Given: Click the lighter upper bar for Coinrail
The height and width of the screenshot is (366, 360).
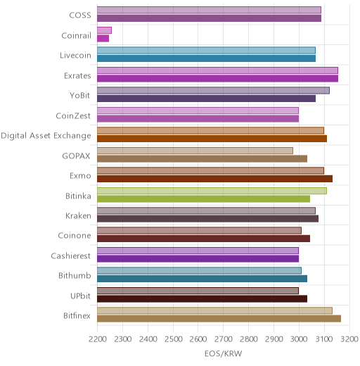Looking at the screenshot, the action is [x=104, y=30].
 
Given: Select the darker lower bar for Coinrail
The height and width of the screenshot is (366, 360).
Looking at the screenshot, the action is [x=103, y=39].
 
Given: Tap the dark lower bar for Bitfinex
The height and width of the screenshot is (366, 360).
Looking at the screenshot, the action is [x=219, y=319].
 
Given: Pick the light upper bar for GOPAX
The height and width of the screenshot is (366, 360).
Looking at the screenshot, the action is [x=195, y=151].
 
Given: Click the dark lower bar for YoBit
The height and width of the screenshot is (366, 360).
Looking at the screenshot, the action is [x=207, y=99].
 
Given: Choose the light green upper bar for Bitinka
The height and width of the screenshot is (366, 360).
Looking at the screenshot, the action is [x=212, y=191].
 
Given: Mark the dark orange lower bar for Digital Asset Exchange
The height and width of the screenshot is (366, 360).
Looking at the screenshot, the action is [x=212, y=139].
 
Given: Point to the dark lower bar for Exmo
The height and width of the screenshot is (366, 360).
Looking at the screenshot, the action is [x=215, y=179].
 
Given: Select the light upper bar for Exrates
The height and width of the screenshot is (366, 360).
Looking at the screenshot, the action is [x=217, y=70].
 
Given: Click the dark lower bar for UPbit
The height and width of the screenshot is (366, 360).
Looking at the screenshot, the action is [x=202, y=299].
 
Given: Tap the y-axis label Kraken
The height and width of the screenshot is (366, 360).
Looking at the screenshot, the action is [x=78, y=215].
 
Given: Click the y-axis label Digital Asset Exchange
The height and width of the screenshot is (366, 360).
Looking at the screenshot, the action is [x=46, y=136].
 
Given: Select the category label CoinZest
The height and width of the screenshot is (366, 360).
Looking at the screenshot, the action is [x=73, y=115].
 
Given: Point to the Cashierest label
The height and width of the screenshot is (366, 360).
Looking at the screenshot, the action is [x=71, y=255].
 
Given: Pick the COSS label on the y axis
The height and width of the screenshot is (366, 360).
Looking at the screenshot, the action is [x=80, y=15].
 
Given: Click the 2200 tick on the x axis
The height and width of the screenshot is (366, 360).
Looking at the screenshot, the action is [x=98, y=339].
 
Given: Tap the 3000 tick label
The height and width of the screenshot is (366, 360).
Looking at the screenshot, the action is [x=299, y=339].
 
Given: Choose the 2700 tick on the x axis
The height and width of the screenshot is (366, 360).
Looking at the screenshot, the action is [x=224, y=339].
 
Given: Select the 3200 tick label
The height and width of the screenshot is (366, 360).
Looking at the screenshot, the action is [x=349, y=339].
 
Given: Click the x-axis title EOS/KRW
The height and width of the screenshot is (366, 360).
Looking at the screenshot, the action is [x=223, y=353].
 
